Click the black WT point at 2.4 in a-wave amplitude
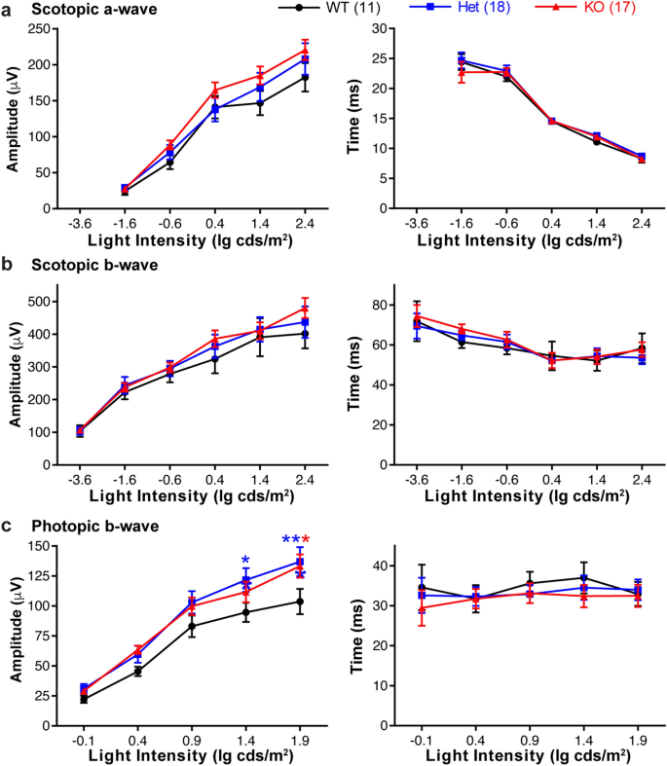pyautogui.click(x=305, y=77)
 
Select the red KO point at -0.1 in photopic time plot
pyautogui.click(x=422, y=608)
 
